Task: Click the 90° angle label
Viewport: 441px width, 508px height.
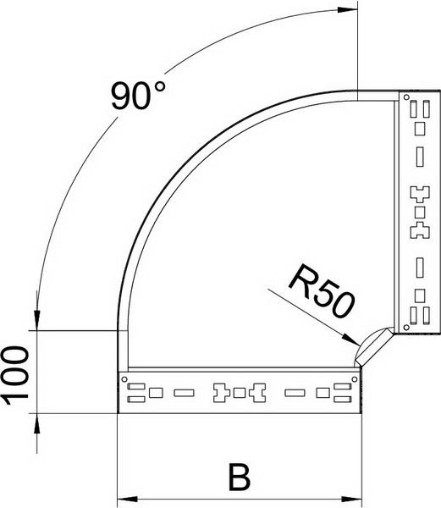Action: click(138, 96)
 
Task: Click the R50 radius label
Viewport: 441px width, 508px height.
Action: click(322, 290)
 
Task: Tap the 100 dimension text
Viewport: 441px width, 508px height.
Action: click(15, 375)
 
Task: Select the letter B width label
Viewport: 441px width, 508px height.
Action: click(240, 478)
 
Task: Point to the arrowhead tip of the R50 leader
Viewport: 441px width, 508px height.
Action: click(357, 345)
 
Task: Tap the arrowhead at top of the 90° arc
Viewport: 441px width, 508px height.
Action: click(348, 9)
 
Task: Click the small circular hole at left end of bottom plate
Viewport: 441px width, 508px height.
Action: click(124, 378)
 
